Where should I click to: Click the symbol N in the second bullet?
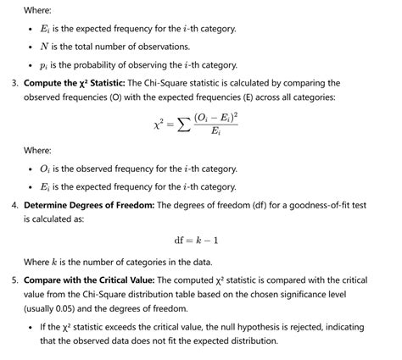click(43, 47)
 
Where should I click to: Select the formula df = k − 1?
click(200, 240)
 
